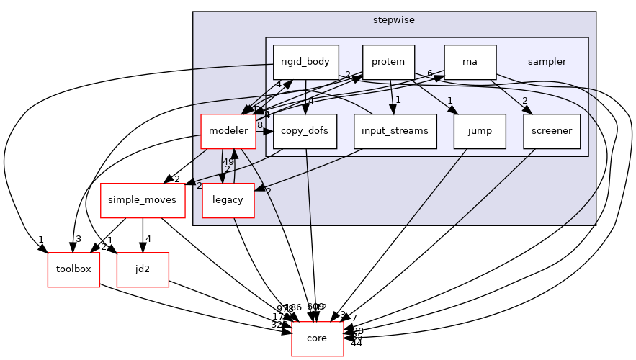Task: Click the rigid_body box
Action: click(305, 62)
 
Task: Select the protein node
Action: click(388, 62)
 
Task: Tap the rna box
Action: click(470, 62)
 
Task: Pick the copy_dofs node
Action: click(305, 131)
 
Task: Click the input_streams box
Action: click(395, 131)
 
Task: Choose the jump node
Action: click(480, 131)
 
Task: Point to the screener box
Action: click(552, 131)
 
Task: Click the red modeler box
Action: click(228, 131)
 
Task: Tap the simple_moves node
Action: click(143, 200)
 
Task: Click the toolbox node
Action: click(73, 269)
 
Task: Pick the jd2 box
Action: click(143, 269)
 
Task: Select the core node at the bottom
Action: click(317, 338)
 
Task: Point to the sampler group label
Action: click(547, 62)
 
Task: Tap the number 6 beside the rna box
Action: click(429, 73)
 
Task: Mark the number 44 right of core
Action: click(356, 343)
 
